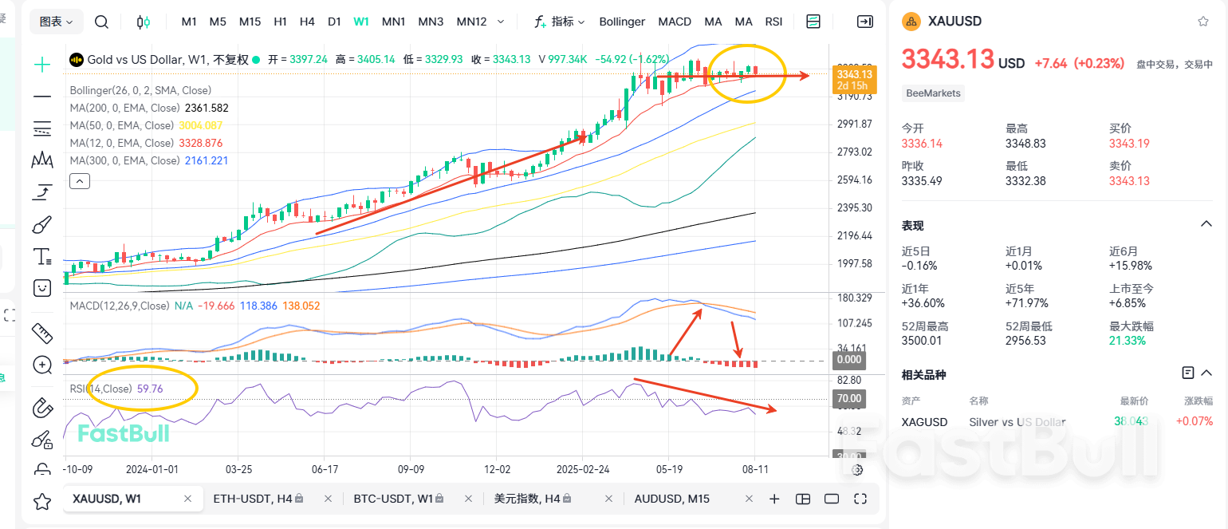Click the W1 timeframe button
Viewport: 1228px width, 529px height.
(x=361, y=22)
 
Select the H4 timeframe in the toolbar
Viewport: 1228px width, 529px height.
(x=307, y=22)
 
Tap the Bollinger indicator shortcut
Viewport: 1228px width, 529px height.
(x=622, y=22)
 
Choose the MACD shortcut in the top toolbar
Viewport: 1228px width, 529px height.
(x=675, y=22)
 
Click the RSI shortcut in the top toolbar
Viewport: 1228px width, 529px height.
(x=773, y=22)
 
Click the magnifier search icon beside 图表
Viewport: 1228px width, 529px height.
(x=101, y=22)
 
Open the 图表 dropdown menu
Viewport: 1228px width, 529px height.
(x=56, y=22)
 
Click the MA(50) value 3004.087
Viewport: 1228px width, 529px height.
(x=200, y=125)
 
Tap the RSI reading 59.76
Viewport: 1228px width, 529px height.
(x=150, y=389)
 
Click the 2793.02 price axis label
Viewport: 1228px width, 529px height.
(x=856, y=152)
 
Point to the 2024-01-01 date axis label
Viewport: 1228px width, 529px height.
(x=152, y=470)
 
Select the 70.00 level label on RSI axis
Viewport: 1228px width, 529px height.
(x=848, y=398)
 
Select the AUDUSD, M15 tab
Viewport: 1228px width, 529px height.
(x=671, y=499)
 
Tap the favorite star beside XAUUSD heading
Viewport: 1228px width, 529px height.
(x=1203, y=22)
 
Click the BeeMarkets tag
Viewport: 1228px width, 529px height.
(x=934, y=93)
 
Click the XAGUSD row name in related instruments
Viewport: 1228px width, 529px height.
(x=924, y=422)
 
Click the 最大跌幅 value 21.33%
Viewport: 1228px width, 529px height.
(x=1128, y=341)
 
